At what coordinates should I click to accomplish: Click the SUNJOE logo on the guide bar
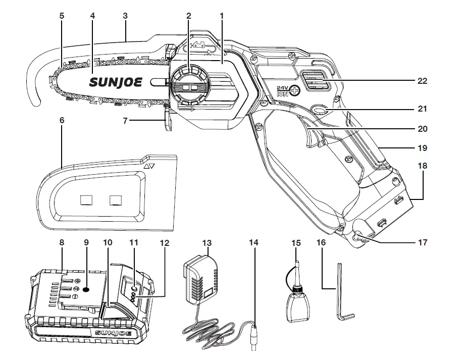(x=117, y=81)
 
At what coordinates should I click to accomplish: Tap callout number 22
(x=423, y=81)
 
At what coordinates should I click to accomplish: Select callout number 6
(x=62, y=121)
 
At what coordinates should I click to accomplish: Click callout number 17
(x=423, y=243)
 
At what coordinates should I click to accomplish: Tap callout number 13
(x=206, y=242)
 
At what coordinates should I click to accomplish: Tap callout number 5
(x=62, y=16)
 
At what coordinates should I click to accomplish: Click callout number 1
(x=221, y=16)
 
